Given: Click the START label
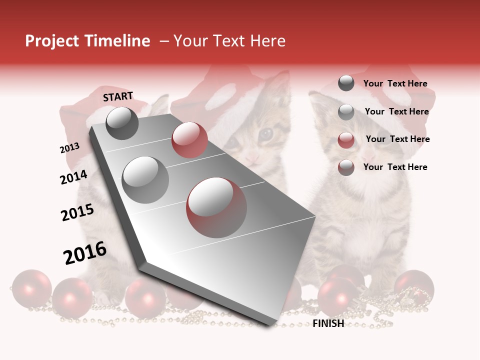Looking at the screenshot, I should (118, 96).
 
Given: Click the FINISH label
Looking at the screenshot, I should (328, 323).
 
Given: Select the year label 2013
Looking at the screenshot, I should (69, 148).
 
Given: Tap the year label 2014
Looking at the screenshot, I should (73, 177).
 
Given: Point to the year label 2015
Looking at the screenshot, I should (77, 212).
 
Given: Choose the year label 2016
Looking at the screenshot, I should (85, 253).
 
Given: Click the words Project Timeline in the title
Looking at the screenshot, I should (87, 41).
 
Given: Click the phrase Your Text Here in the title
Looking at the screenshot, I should (229, 41).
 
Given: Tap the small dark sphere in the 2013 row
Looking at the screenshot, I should (122, 123).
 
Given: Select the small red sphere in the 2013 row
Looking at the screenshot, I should (189, 140).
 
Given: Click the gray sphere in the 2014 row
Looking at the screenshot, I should (145, 179).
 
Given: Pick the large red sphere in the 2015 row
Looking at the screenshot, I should (216, 207).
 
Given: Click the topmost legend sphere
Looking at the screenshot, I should (346, 83).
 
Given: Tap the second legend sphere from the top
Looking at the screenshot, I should (346, 112).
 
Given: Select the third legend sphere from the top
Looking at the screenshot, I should (346, 140).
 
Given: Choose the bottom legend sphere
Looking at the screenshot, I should (346, 167).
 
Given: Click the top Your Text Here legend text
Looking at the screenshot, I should (395, 83).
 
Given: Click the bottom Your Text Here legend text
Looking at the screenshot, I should (395, 167).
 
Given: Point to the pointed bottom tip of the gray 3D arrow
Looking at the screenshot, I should (270, 323).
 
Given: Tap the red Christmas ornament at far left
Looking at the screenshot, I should (31, 288).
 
